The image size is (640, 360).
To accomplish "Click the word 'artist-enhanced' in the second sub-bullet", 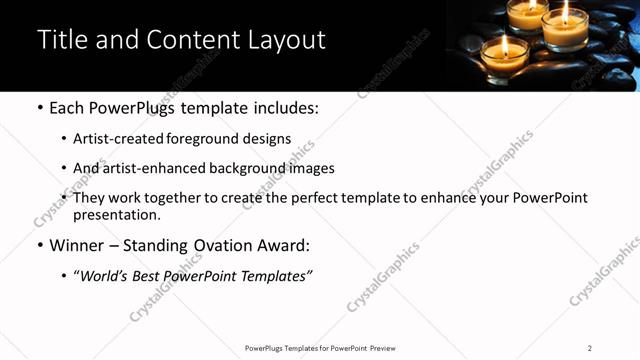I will point(153,168).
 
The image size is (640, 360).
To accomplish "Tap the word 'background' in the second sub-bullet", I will point(245,168).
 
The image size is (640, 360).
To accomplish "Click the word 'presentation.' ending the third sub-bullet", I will point(117,214).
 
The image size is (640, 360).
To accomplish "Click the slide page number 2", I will point(589,348).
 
